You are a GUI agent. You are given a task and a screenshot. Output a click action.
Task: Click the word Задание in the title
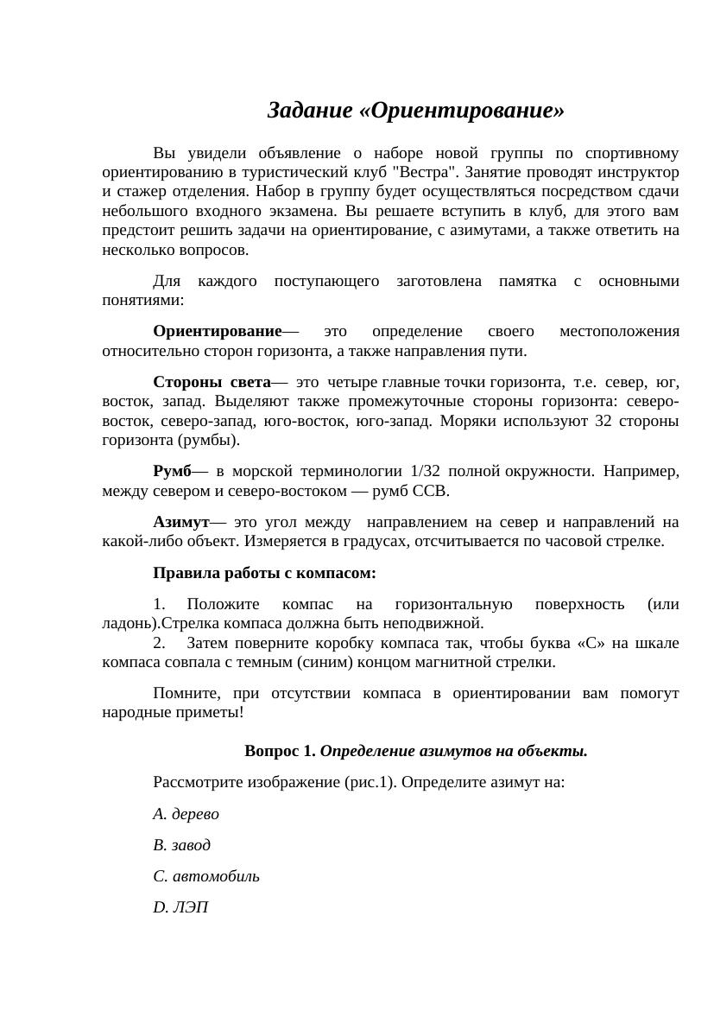pos(310,111)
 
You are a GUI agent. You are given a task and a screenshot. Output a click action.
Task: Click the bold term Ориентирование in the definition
pos(218,332)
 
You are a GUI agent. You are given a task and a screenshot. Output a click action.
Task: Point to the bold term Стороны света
pos(212,383)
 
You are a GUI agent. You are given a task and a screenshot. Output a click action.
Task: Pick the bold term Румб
pos(172,472)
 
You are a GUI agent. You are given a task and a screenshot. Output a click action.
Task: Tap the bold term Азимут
pos(181,523)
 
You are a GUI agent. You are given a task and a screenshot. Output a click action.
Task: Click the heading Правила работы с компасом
pos(264,574)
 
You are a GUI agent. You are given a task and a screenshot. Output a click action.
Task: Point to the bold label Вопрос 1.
pos(280,752)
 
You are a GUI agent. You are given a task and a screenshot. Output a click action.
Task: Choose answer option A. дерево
pos(186,814)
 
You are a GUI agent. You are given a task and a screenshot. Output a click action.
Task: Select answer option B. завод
pos(181,845)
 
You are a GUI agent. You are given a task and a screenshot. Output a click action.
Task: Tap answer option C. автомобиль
pos(206,876)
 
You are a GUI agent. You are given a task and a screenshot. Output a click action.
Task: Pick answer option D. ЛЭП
pos(180,907)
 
